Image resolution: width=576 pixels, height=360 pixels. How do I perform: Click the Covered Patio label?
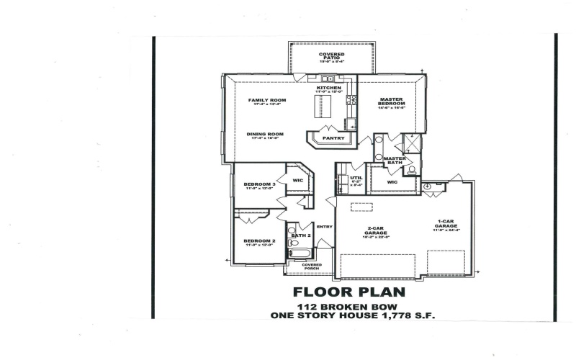pos(331,56)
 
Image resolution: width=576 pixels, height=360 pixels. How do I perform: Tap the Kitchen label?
pos(328,89)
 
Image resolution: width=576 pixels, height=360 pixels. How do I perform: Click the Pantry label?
pos(333,138)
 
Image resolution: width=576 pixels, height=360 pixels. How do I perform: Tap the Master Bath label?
pos(394,161)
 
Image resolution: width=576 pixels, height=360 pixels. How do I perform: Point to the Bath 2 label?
pos(300,235)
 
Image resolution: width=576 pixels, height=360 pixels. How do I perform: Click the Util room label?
pos(356,179)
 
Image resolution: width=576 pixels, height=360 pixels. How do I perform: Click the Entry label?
pos(324,227)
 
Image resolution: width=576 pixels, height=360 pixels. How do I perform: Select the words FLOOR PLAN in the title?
pos(348,292)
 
